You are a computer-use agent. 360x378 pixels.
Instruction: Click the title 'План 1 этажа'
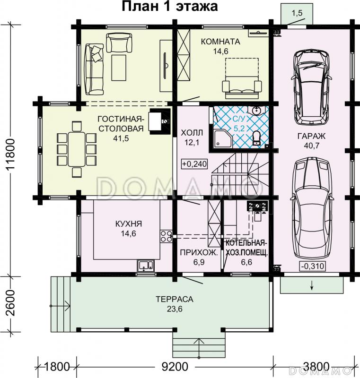pos(170,7)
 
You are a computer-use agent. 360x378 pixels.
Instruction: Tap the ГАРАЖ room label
pos(311,136)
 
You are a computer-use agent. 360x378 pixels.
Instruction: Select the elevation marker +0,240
pos(194,164)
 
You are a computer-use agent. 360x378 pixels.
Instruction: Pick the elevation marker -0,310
pos(313,266)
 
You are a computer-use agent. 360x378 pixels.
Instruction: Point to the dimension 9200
pos(175,367)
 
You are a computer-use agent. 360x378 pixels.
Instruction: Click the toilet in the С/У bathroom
pos(256,138)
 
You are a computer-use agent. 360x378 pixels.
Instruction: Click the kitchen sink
pos(146,266)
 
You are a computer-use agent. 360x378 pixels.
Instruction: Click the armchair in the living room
pos(119,43)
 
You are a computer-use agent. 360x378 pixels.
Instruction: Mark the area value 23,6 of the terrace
pos(175,309)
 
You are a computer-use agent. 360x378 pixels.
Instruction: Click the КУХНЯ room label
pos(129,224)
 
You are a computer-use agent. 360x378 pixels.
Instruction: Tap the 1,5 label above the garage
pos(297,13)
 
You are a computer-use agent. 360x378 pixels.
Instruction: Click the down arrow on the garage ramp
pos(312,285)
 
